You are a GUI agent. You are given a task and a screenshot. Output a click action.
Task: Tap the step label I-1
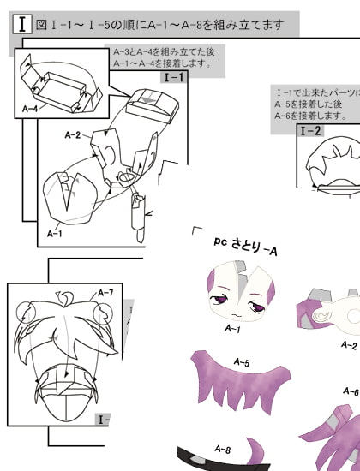click(173, 77)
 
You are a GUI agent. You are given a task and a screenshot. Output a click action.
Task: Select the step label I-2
click(310, 131)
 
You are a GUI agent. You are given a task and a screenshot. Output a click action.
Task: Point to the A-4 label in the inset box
click(31, 109)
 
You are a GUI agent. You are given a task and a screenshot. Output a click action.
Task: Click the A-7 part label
click(105, 293)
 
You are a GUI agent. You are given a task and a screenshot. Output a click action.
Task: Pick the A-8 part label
click(221, 449)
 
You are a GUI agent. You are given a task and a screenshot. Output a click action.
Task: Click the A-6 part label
click(350, 391)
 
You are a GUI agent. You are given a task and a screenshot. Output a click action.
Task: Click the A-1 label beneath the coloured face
click(231, 327)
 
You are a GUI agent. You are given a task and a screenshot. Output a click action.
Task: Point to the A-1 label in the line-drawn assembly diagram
click(54, 232)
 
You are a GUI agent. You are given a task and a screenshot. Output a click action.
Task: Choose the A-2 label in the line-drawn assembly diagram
click(72, 135)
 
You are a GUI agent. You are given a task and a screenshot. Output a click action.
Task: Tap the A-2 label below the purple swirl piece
click(348, 346)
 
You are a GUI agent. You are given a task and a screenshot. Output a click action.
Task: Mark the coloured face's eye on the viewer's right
click(253, 306)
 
